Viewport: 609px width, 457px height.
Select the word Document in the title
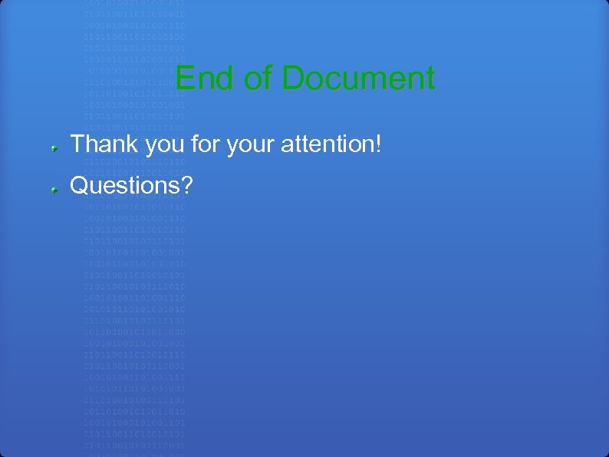(x=358, y=78)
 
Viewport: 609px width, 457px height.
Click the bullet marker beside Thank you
(x=55, y=145)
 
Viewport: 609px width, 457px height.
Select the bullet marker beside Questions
(x=55, y=187)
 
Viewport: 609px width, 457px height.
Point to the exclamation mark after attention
(x=378, y=144)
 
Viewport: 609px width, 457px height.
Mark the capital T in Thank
(x=77, y=144)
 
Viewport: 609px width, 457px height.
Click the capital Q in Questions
(x=78, y=185)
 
